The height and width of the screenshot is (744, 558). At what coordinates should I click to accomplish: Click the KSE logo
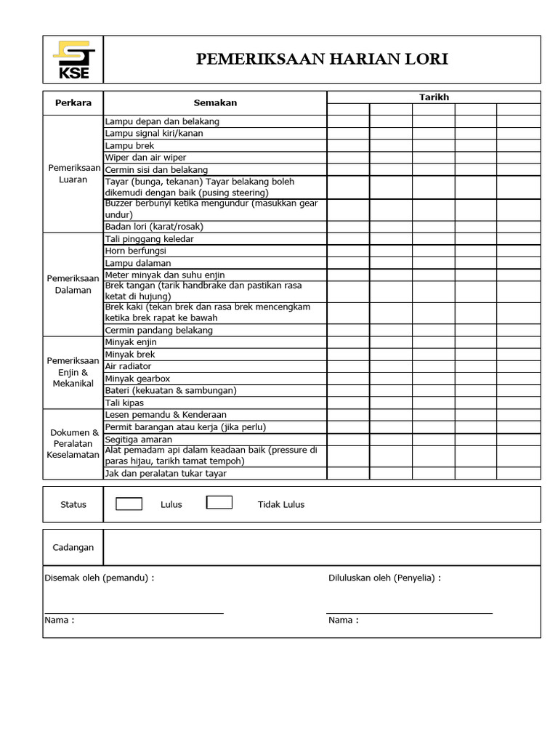click(x=73, y=60)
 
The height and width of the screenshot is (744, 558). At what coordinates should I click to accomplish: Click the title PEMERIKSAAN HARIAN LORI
click(x=322, y=60)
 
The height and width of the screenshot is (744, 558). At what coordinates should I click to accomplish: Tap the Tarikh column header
click(x=434, y=97)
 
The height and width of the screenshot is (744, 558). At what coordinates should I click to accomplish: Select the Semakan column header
click(x=215, y=103)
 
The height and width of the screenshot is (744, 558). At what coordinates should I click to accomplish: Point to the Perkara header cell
click(x=73, y=103)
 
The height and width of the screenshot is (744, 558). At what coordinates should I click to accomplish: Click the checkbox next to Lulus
click(x=129, y=503)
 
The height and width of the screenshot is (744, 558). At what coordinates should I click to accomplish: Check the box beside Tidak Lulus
click(x=219, y=502)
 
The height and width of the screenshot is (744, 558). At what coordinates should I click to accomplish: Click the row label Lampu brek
click(x=130, y=145)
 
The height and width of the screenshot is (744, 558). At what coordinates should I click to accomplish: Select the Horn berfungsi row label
click(x=137, y=251)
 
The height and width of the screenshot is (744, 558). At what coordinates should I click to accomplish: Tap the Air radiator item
click(x=128, y=366)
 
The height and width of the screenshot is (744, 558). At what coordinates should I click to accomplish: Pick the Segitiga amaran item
click(x=139, y=440)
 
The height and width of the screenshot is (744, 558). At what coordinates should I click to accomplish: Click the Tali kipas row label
click(x=124, y=403)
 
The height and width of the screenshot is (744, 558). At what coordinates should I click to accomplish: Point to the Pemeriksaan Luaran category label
click(x=73, y=174)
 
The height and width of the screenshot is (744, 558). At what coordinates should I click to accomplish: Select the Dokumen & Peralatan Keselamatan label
click(x=73, y=443)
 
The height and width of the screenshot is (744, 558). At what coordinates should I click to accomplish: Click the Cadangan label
click(x=73, y=547)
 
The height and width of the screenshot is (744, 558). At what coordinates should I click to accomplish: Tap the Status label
click(x=73, y=504)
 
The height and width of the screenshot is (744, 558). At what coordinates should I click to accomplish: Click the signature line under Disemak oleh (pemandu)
click(x=134, y=613)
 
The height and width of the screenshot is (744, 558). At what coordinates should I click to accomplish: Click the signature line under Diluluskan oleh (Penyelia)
click(x=409, y=613)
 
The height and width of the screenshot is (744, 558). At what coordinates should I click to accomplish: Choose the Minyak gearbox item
click(x=137, y=379)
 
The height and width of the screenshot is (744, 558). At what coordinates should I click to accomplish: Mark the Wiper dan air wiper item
click(x=145, y=158)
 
